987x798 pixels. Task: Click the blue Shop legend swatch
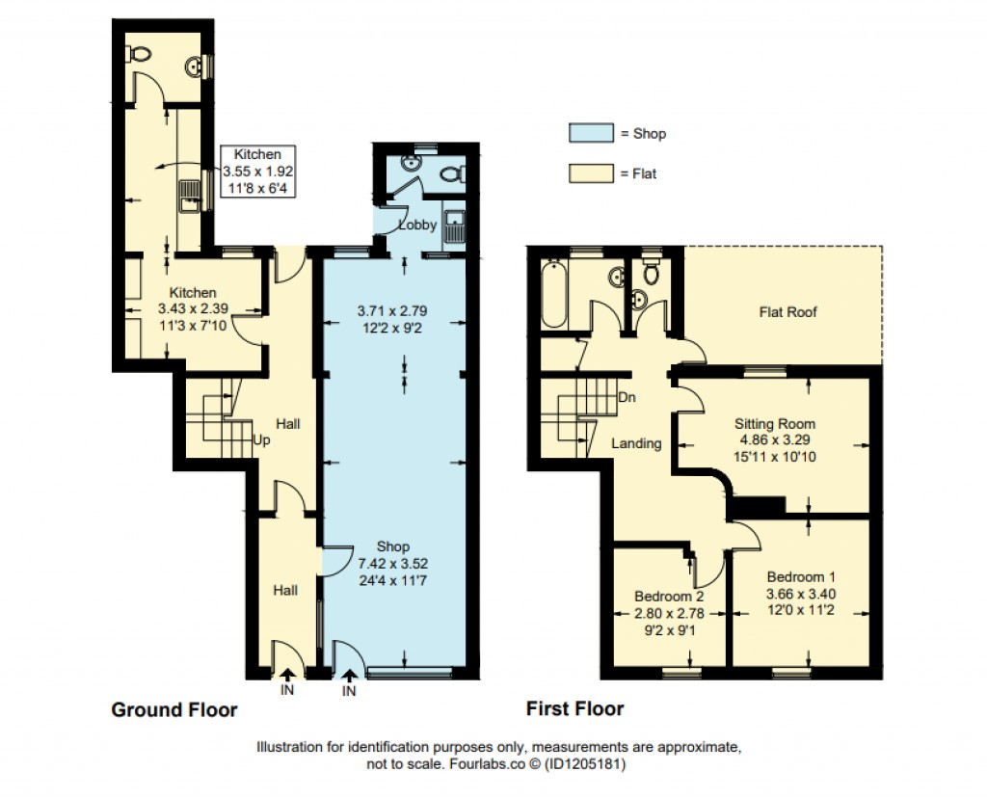point(591,133)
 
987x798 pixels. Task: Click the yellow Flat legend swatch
point(591,173)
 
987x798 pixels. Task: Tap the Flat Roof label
point(787,311)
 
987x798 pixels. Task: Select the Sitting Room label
point(775,423)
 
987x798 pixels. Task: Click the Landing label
point(636,443)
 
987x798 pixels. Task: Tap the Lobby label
point(418,225)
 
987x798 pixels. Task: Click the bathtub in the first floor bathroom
point(555,294)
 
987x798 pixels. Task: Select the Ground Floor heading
point(174,710)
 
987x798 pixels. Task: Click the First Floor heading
point(574,709)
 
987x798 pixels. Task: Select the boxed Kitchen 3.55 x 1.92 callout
point(257,171)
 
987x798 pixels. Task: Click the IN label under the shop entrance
point(349,690)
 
